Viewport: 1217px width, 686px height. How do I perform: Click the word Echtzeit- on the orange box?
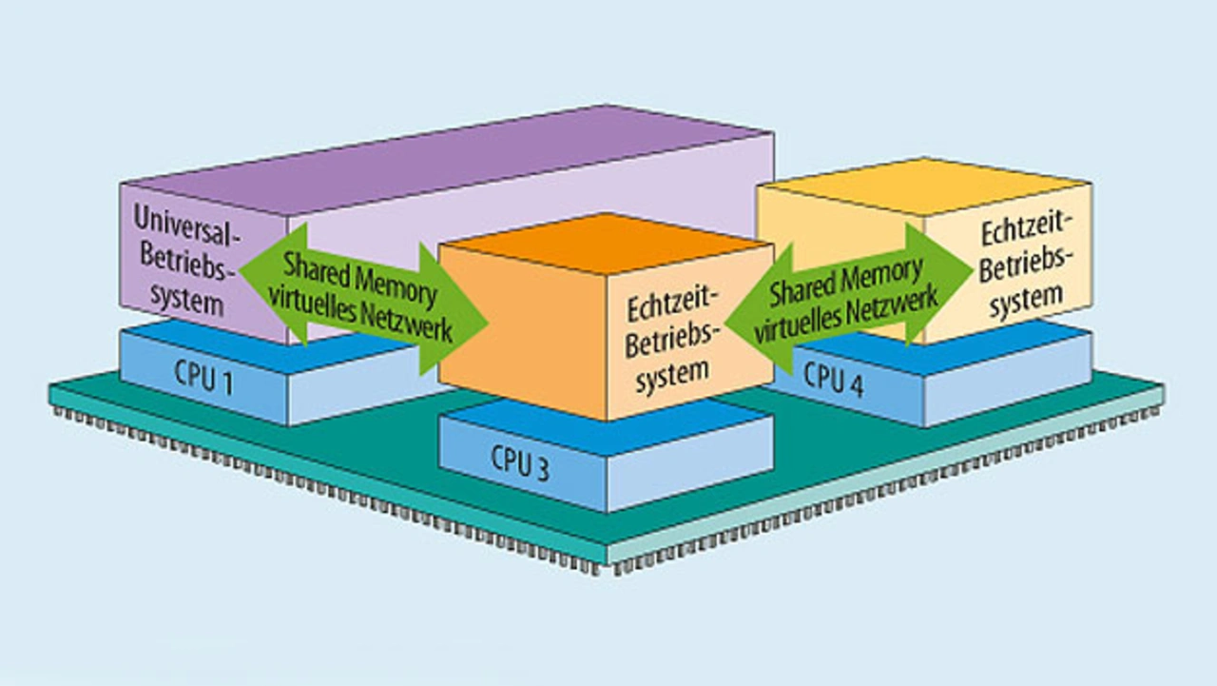[x=673, y=308]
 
